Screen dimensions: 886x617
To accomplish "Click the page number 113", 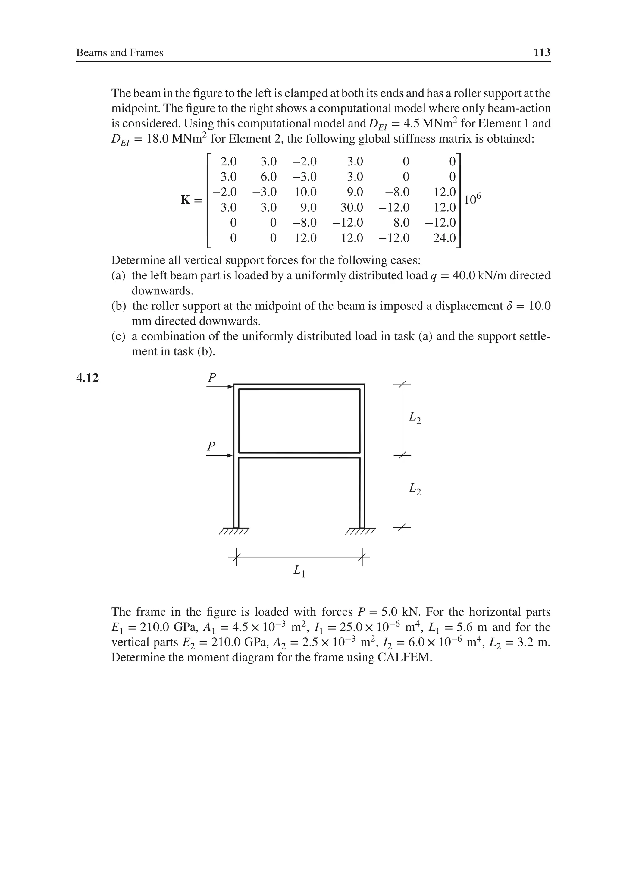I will click(541, 52).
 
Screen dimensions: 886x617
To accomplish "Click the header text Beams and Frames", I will click(120, 52).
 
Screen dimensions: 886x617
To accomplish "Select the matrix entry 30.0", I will click(352, 208).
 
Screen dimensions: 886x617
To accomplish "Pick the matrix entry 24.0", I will click(444, 238).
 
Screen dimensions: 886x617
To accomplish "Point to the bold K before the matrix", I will click(186, 200).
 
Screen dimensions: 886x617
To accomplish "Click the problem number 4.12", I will click(87, 378).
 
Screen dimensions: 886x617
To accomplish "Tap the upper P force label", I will click(211, 377).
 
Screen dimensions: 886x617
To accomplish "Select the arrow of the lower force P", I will click(219, 456).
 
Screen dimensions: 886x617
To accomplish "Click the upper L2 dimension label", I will click(415, 418).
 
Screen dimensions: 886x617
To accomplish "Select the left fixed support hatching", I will click(234, 531).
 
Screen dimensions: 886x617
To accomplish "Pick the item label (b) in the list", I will click(119, 306).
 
